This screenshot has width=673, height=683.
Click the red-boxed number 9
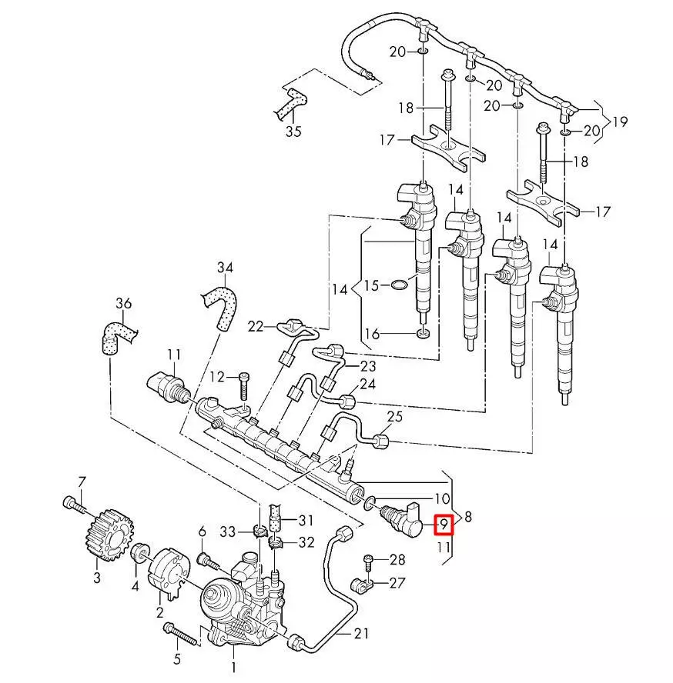pos(443,525)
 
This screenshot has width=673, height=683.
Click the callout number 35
pos(293,131)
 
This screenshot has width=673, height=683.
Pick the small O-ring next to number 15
pos(398,286)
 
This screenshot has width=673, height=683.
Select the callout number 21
pos(362,634)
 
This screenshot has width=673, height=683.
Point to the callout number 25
pos(394,418)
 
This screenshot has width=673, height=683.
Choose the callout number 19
pos(620,122)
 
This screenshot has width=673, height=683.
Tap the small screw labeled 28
pos(368,561)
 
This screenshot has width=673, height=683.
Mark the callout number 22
pos(256,326)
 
